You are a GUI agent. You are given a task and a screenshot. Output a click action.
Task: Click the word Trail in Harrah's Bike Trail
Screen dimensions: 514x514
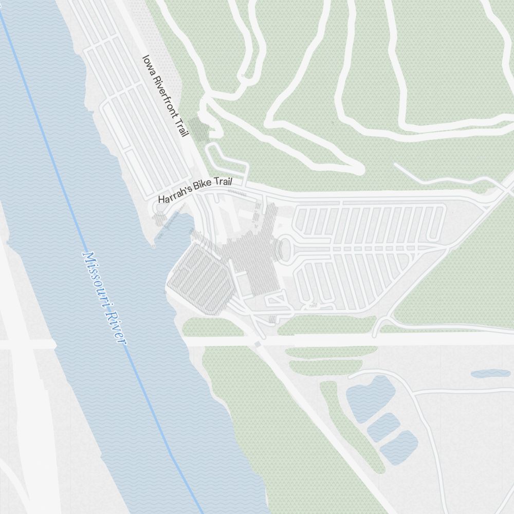(224, 183)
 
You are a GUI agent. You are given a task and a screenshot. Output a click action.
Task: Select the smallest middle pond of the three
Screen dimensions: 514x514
(383, 426)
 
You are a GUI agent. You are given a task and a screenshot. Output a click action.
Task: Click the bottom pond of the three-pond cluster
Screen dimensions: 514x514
(400, 447)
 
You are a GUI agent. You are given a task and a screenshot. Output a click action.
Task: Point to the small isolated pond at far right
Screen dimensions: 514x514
(490, 374)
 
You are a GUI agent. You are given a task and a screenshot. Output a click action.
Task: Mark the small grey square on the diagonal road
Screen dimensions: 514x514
(257, 344)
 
